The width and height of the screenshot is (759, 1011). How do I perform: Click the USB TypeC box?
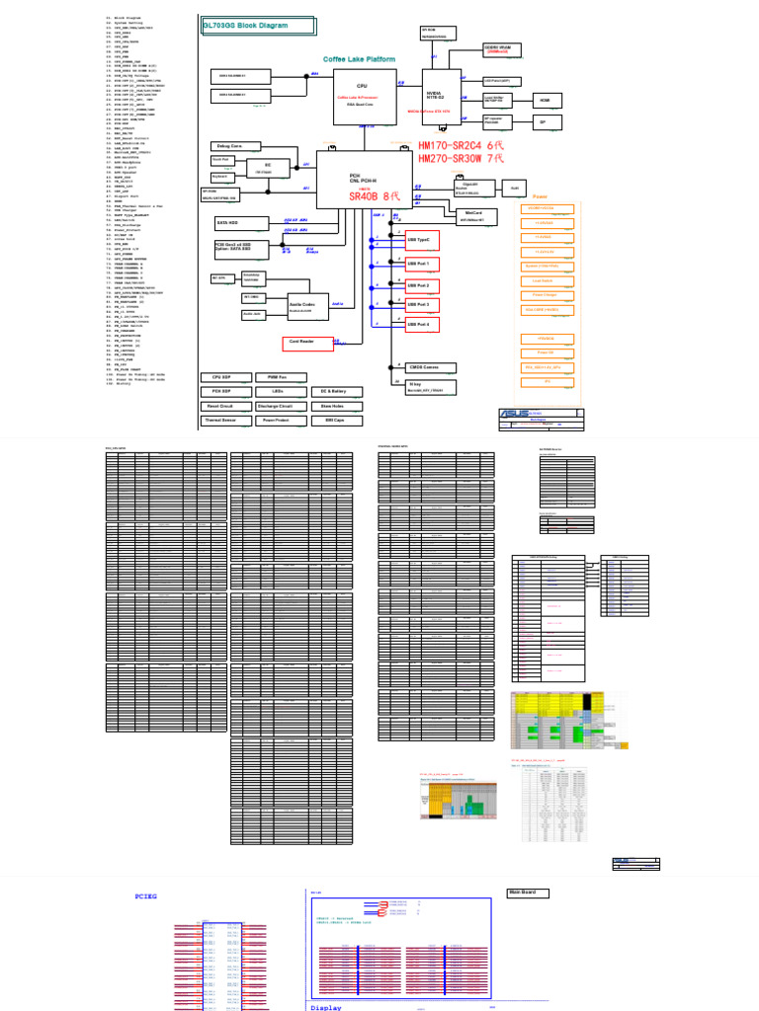coord(423,239)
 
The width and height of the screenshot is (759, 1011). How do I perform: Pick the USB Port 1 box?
coord(423,264)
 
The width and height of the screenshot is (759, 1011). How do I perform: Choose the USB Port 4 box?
coord(423,324)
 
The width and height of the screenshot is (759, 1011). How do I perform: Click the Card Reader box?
coord(300,343)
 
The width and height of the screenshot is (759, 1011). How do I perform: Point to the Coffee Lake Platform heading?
coord(360,59)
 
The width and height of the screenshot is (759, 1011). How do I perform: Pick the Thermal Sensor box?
coord(219,420)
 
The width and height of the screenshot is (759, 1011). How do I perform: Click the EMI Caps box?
coord(335,420)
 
